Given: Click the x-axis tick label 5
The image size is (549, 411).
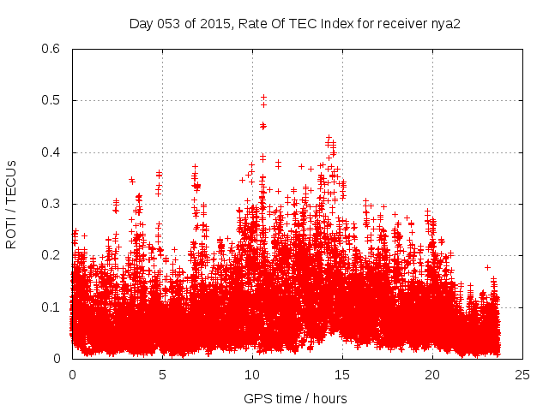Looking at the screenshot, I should pos(162,374).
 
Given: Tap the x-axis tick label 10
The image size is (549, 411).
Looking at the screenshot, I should pos(252,374).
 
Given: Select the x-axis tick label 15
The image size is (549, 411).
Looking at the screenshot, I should pos(342,374).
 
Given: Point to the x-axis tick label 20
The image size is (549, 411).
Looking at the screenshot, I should pos(432,374).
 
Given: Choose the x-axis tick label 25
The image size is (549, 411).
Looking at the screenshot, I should pos(522,374).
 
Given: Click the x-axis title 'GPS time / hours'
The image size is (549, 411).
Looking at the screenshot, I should pos(295,398).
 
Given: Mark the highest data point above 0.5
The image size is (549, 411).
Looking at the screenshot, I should pos(263,97).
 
